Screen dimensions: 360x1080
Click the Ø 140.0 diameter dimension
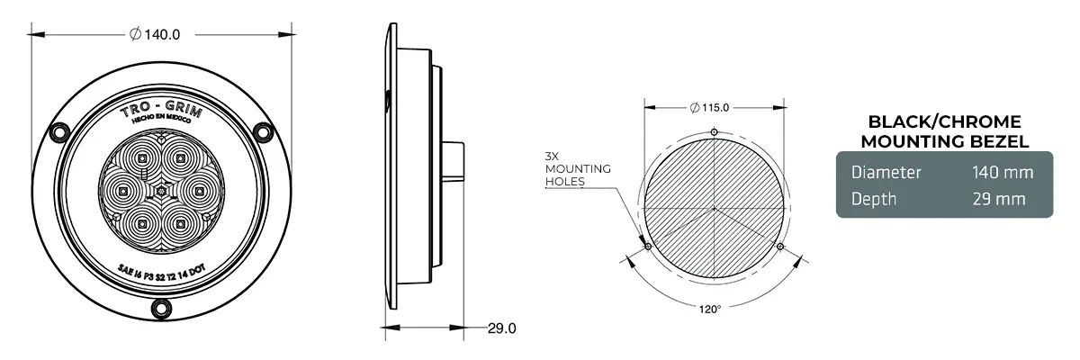point(156,34)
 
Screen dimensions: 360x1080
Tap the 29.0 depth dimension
point(501,328)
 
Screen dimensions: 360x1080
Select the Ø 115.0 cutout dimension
point(710,108)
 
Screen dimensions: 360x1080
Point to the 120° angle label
point(710,309)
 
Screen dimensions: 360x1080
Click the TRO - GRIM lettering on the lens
point(162,112)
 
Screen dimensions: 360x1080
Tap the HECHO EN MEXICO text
point(162,128)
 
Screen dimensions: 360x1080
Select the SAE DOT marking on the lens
point(162,267)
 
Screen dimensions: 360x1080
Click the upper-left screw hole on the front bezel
point(60,132)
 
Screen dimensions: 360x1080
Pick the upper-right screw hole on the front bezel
point(263,132)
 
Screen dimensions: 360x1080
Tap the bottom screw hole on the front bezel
point(162,309)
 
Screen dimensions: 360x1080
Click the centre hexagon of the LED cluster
point(162,191)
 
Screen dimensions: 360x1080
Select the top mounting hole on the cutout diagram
point(714,132)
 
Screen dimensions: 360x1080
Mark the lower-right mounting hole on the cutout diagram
point(779,246)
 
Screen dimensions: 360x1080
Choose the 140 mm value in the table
point(1001,172)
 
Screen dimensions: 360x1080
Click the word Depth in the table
point(874,199)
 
